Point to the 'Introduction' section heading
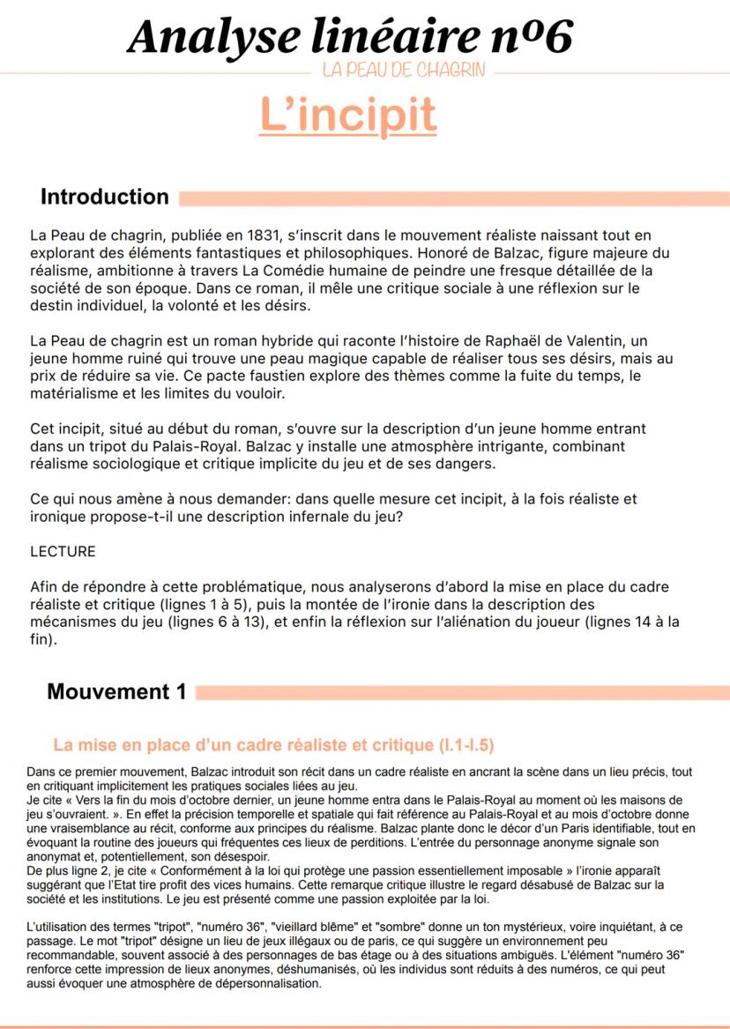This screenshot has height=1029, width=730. click(104, 197)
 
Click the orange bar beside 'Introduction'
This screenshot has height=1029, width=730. click(453, 198)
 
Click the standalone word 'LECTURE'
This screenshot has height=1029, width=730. click(63, 552)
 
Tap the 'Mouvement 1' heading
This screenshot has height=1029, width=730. click(116, 692)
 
